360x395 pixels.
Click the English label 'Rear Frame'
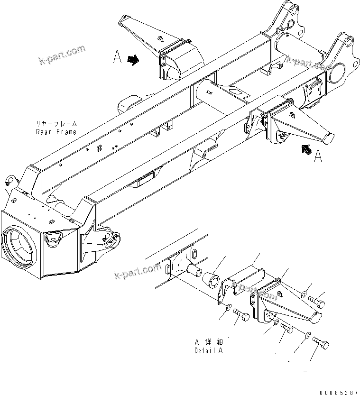click(x=56, y=132)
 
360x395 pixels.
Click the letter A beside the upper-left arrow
click(x=118, y=57)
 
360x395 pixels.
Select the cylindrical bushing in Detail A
click(x=212, y=280)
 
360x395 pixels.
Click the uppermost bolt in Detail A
click(x=317, y=300)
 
